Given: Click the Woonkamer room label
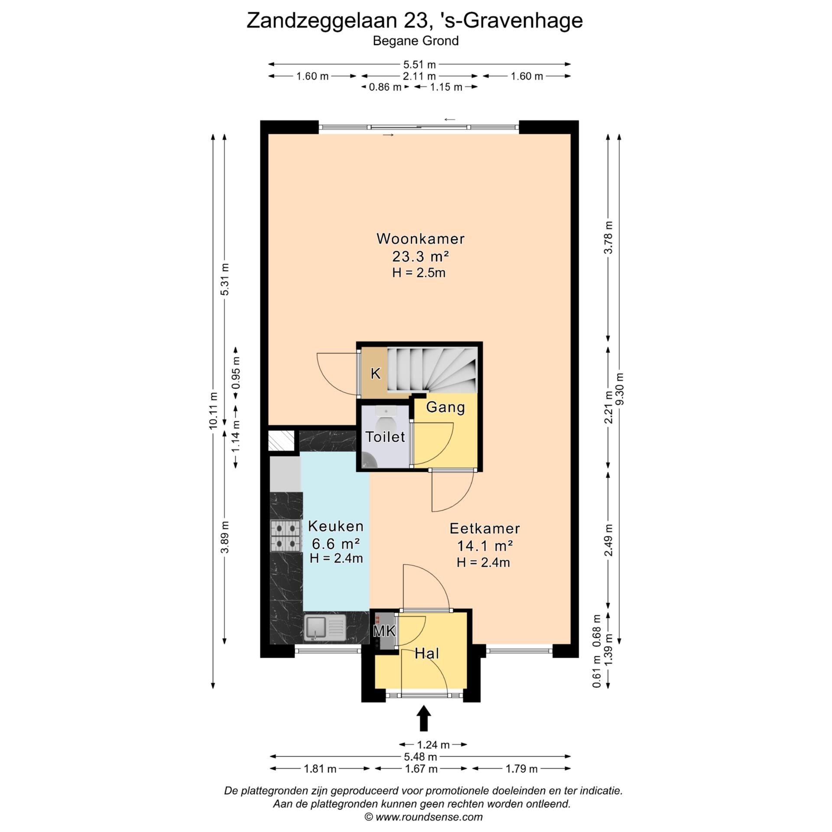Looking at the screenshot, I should [420, 239].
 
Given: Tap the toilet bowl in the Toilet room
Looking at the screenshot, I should [384, 420].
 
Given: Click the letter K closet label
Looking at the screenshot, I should [376, 374].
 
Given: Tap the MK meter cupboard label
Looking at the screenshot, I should [384, 631].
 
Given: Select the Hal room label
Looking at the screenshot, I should [427, 653].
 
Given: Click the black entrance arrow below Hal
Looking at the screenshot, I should [423, 718].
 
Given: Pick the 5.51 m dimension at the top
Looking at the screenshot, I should [419, 65].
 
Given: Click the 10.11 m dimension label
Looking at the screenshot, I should [213, 410].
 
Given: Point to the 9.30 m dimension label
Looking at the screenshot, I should [620, 389].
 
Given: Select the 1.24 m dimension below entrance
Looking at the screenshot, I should [433, 745].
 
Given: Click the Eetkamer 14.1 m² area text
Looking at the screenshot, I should [485, 546].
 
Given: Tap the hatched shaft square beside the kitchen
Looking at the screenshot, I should [281, 441].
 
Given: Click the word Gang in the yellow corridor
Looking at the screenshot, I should [445, 407].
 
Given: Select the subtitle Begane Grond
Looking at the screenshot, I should [416, 41].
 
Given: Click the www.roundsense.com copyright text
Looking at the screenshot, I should [423, 817].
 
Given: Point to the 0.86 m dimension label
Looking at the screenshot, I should [385, 87].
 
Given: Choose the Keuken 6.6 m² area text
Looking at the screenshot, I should [336, 543].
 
